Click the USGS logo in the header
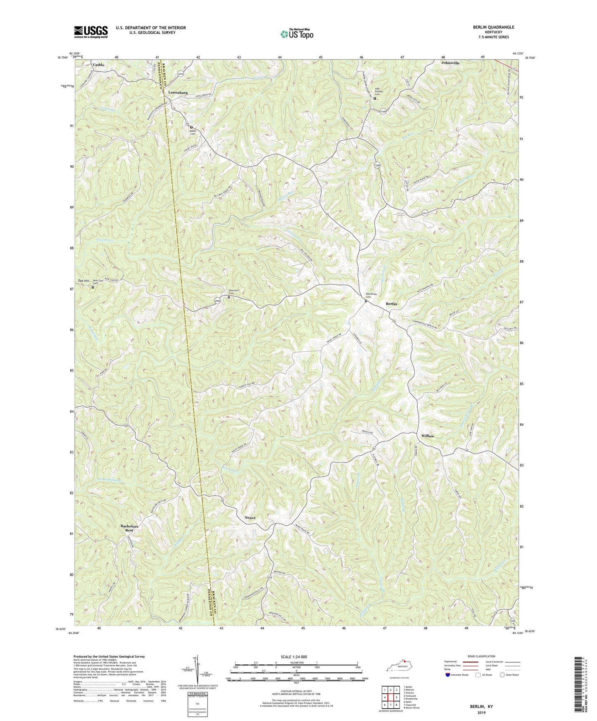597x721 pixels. (91, 32)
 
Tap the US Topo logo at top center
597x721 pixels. (296, 34)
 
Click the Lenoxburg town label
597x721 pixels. (178, 93)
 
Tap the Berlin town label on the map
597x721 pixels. (391, 304)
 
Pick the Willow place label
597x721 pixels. (427, 436)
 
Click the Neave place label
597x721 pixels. (250, 517)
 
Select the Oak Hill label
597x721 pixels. (84, 281)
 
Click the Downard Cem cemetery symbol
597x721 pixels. (229, 297)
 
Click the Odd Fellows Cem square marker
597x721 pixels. (375, 98)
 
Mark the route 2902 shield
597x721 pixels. (218, 301)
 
